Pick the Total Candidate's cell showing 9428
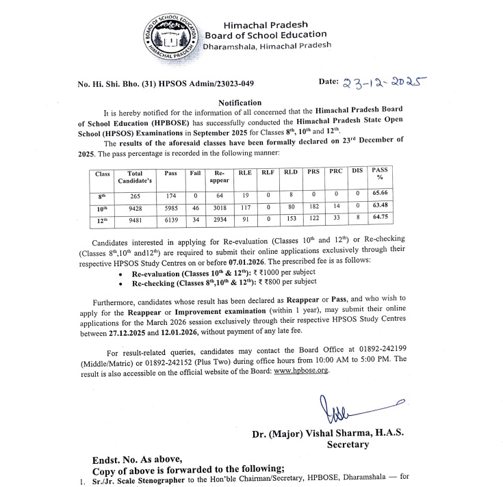pos(135,208)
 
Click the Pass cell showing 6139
pos(170,220)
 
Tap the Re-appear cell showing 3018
pos(220,208)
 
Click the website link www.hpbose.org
pos(301,370)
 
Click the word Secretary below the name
pos(348,444)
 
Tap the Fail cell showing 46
pos(196,208)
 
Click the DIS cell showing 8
pos(357,220)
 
